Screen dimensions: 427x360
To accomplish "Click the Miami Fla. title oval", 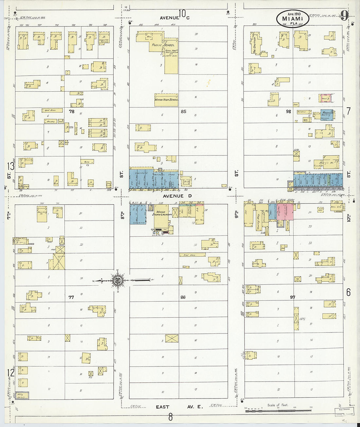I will coord(293,18).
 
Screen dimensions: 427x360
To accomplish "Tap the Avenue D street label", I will coord(177,196).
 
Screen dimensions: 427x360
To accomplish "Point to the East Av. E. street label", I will coord(179,407).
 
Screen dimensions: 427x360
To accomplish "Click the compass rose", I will coord(117,280).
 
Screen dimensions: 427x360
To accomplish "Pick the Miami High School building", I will coord(166,100).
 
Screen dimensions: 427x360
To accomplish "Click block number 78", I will coord(71,112).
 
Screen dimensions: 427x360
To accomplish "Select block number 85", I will coord(183,112).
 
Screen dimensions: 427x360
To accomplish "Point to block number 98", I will coord(288,112).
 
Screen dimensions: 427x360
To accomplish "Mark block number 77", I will coord(71,297).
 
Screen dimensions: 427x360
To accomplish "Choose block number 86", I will coord(183,297).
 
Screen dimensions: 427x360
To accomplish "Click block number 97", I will coord(292,297).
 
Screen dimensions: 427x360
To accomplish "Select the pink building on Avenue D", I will coord(285,212).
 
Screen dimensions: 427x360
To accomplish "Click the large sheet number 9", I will coord(344,15).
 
